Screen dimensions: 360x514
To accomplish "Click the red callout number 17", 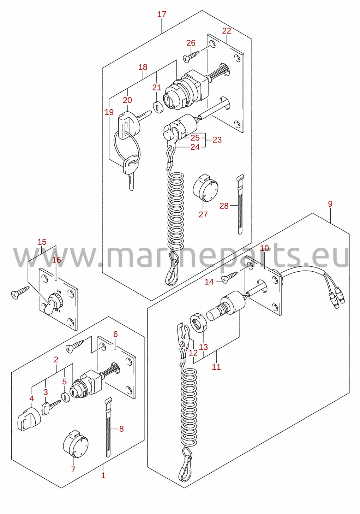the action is [x=161, y=14].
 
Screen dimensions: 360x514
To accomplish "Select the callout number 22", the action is [x=227, y=31].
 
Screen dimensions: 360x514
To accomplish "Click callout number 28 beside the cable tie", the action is [x=224, y=206].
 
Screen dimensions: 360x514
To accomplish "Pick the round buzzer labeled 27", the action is [x=205, y=188].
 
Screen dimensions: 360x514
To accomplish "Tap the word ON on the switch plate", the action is [x=59, y=292].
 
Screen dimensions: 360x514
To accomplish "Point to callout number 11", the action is [x=216, y=367].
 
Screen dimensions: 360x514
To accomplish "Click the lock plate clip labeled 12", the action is [x=184, y=333].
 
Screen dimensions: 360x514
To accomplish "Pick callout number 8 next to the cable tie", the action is [x=121, y=429].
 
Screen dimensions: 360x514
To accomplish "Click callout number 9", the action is [x=330, y=204].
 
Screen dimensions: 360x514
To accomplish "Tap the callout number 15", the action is [x=42, y=242].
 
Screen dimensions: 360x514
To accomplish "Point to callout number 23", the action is [x=217, y=140].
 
